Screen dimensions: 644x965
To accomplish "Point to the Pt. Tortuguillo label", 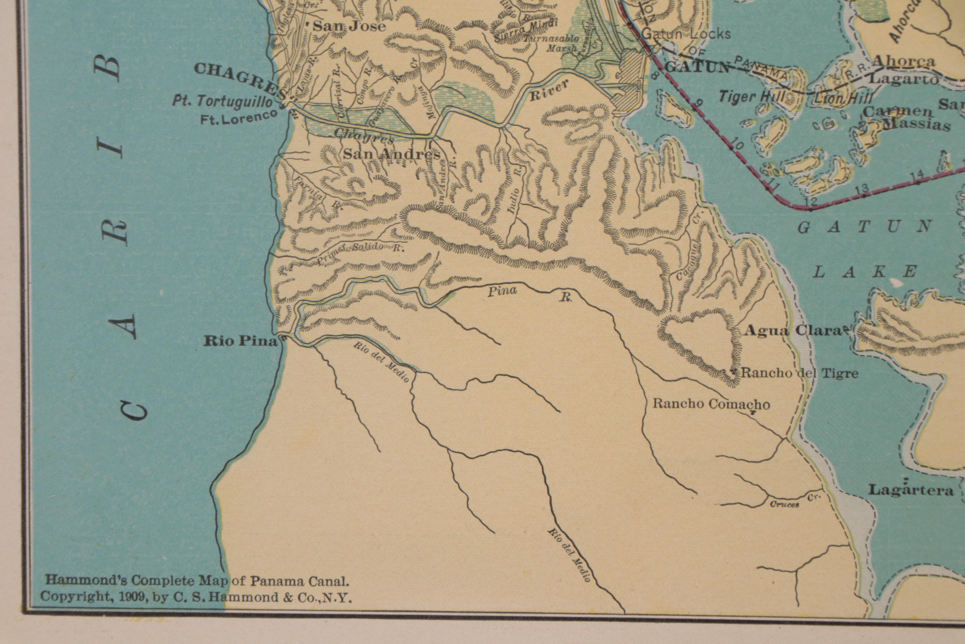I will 222,101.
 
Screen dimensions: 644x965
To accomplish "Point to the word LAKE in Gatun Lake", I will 866,272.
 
